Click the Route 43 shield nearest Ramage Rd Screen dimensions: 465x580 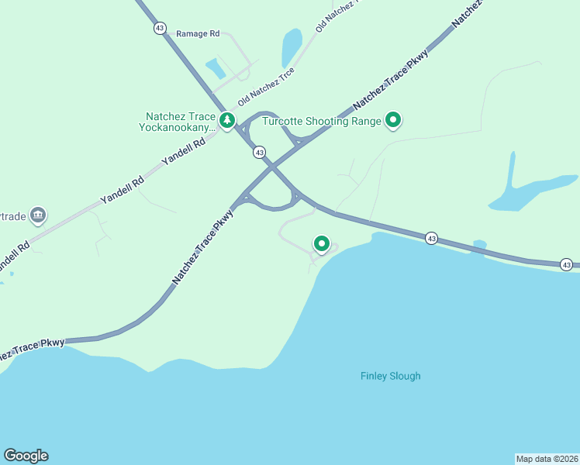coord(160,28)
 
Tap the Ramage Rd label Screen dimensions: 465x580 coord(198,34)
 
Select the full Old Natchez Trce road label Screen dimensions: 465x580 coord(266,87)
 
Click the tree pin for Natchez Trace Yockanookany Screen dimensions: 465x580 coord(227,120)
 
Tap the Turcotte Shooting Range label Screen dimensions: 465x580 coord(322,121)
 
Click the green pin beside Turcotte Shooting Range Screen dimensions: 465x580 coord(393,119)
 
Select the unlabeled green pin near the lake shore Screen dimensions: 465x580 coord(321,243)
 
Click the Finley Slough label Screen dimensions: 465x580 coord(391,377)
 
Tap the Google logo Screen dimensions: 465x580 coord(26,456)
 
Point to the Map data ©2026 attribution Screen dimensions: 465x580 coord(547,458)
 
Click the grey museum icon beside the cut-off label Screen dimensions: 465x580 coord(39,214)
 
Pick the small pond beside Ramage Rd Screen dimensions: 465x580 coord(216,69)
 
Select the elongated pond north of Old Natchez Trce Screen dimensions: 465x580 coord(292,48)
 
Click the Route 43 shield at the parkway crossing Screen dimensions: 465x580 coord(259,153)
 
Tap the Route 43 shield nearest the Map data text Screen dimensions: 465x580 coord(567,265)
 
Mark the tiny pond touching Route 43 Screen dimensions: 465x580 coord(479,245)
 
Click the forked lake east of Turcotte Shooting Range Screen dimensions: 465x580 coord(527,191)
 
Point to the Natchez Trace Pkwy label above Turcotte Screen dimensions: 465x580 coord(391,78)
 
